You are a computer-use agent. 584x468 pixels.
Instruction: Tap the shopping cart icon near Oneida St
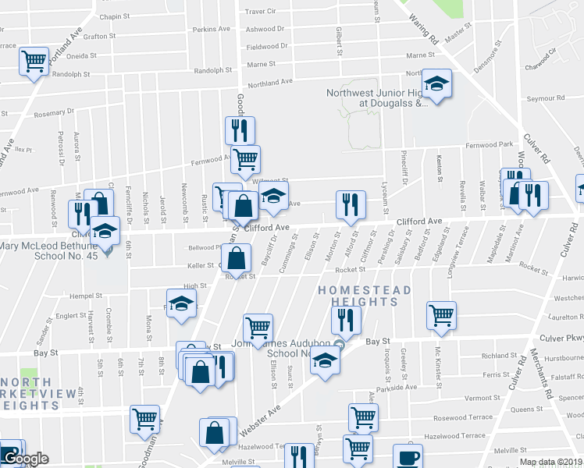[34, 61]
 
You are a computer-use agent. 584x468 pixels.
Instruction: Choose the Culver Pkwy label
[561, 339]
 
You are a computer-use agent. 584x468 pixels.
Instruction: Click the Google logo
[26, 459]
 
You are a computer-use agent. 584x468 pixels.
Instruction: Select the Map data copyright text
[550, 462]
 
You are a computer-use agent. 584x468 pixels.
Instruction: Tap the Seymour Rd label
[545, 98]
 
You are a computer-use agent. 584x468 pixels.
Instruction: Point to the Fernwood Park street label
[490, 145]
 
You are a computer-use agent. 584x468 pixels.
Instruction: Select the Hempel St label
[86, 296]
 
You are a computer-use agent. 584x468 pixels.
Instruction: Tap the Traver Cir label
[261, 12]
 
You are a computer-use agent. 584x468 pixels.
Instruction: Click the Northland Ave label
[270, 82]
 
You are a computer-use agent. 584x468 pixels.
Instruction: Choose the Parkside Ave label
[397, 387]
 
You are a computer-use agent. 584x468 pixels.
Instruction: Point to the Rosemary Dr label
[54, 112]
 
